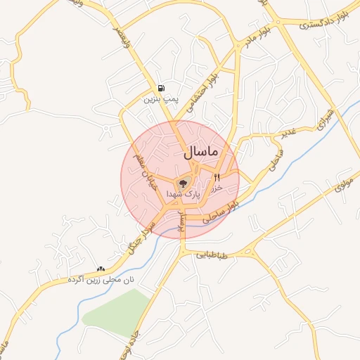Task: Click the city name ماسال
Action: pyautogui.click(x=202, y=152)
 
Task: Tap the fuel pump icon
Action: pyautogui.click(x=162, y=89)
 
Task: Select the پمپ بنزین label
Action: pyautogui.click(x=157, y=101)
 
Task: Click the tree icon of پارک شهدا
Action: pyautogui.click(x=183, y=183)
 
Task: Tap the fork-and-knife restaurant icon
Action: pyautogui.click(x=217, y=178)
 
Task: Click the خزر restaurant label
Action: pyautogui.click(x=217, y=188)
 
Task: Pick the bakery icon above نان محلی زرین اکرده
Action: pyautogui.click(x=101, y=269)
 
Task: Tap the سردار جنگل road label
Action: pyautogui.click(x=139, y=231)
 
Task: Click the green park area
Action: pyautogui.click(x=116, y=309)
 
